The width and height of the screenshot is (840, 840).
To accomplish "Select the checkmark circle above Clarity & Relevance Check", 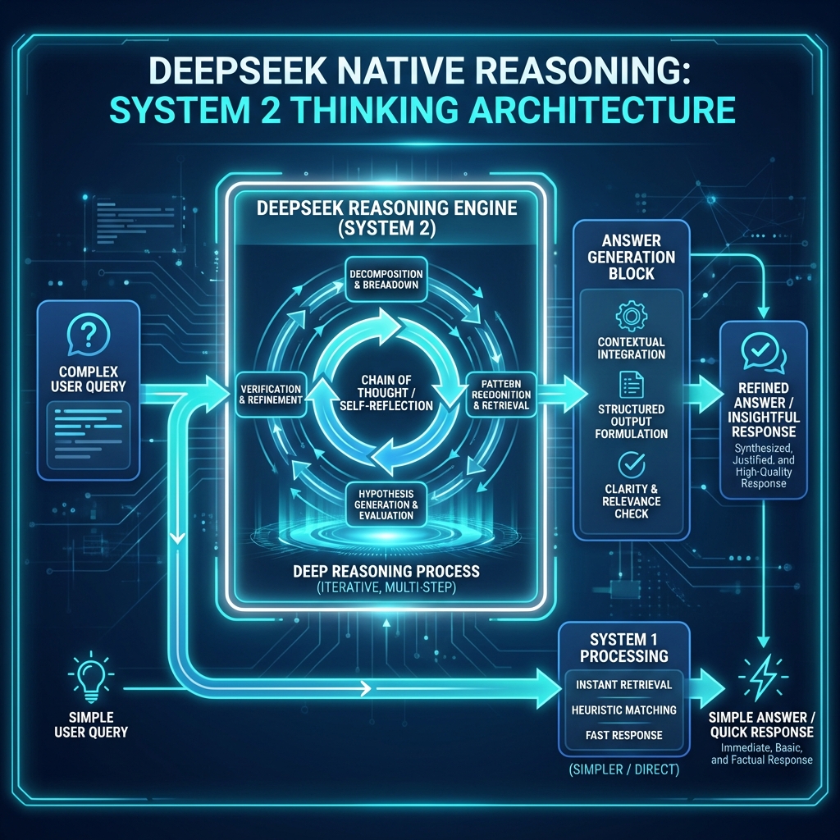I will (x=632, y=464).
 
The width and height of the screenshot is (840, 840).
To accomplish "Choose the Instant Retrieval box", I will (x=623, y=685).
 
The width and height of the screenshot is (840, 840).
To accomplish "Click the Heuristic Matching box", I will (x=623, y=710).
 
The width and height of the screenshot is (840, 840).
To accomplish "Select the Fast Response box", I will (x=623, y=735).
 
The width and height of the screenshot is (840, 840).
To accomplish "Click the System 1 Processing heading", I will (x=623, y=646).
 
